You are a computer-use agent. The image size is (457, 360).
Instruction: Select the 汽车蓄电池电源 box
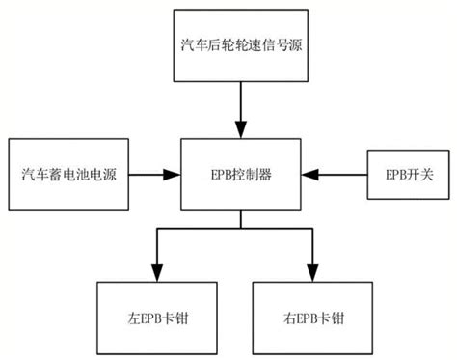(68, 175)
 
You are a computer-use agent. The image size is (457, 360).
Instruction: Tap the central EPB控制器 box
(241, 175)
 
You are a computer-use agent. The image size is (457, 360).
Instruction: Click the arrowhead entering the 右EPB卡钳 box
(311, 273)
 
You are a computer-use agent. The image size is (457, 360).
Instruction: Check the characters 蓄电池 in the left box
(68, 175)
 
